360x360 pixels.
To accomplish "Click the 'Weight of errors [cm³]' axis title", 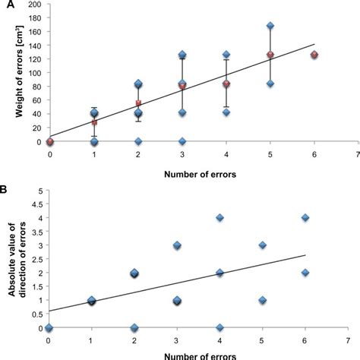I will click(x=14, y=72).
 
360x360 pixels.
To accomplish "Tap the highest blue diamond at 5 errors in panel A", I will click(x=270, y=26).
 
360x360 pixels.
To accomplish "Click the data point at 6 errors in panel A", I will click(x=314, y=55).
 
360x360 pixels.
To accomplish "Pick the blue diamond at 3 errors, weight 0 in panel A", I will click(x=182, y=141).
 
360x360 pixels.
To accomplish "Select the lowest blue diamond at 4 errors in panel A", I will click(x=226, y=112).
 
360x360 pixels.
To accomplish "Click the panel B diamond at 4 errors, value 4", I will click(x=220, y=218).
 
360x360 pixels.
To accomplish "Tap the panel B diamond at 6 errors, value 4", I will click(x=305, y=218).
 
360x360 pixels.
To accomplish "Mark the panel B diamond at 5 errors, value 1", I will click(x=263, y=300).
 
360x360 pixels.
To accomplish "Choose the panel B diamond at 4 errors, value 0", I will click(x=220, y=327).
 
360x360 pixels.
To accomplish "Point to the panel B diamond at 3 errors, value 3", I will click(x=177, y=245).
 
